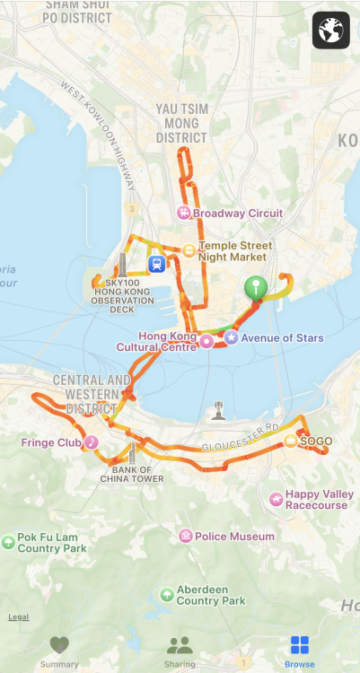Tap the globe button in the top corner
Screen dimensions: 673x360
pyautogui.click(x=330, y=31)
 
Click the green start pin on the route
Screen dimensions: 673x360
pyautogui.click(x=257, y=288)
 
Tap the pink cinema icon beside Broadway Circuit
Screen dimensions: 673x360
pyautogui.click(x=184, y=214)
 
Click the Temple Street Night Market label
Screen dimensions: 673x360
pyautogui.click(x=235, y=250)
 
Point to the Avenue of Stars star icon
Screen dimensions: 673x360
pyautogui.click(x=232, y=337)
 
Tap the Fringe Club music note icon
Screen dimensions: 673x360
pyautogui.click(x=92, y=442)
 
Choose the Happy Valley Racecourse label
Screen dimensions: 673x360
pyautogui.click(x=319, y=500)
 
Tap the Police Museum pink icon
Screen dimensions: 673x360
pyautogui.click(x=185, y=537)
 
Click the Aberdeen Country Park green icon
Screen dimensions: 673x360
pyautogui.click(x=167, y=594)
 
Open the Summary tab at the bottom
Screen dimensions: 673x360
pyautogui.click(x=59, y=651)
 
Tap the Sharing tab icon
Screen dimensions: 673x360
pyautogui.click(x=180, y=645)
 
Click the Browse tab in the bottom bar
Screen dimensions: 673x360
pyautogui.click(x=300, y=651)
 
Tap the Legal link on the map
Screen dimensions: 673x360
pyautogui.click(x=18, y=616)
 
